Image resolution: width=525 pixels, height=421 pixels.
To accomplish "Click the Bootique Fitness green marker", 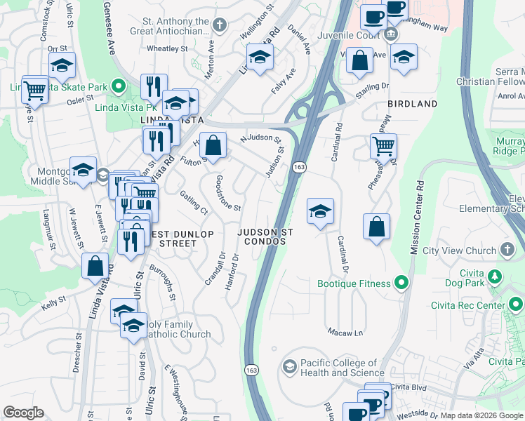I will pos(401,283).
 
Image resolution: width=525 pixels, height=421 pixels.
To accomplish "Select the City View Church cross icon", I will pos(507,250).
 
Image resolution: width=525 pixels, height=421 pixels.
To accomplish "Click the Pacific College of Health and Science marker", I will pos(289,367).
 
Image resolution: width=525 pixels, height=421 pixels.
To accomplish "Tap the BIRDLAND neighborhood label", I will pos(412,104).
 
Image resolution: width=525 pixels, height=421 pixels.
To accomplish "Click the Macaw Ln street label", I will pos(345,331).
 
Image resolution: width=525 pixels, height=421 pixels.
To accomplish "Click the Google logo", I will pos(24,412).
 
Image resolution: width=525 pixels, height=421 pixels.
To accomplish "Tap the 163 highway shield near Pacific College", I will pos(251,369).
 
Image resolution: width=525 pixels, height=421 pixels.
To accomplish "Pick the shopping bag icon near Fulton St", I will pos(213,145).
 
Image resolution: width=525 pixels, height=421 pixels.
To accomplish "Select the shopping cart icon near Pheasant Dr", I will pos(383,146).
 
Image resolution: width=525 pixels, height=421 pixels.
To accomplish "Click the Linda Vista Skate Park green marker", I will pos(119,88).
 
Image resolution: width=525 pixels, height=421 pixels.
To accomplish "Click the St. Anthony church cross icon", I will pos(220,26).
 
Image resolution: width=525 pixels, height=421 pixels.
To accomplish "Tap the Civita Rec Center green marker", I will pos(516,305).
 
